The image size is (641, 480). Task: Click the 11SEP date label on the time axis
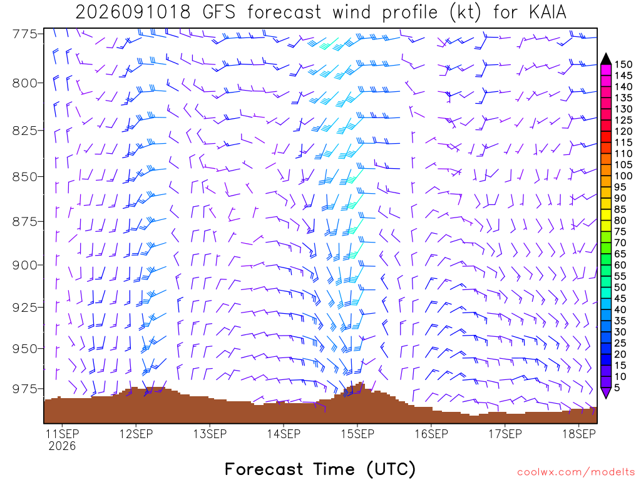coord(62,434)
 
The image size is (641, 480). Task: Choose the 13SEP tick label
coord(210,434)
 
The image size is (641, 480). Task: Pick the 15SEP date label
coord(357,434)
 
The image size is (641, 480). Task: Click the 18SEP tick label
coord(579,434)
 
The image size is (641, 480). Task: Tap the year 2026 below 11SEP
coord(62,446)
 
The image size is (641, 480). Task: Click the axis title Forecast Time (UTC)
coord(320,469)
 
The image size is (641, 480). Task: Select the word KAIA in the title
coord(547,12)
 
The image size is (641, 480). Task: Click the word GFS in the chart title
coord(219,12)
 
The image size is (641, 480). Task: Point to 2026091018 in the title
coord(133,12)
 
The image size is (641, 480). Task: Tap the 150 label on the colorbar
coord(623,64)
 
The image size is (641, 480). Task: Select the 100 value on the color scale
coord(623,176)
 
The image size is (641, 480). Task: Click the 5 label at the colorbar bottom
coord(617,387)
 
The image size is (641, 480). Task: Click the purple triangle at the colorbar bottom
coord(606,392)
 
